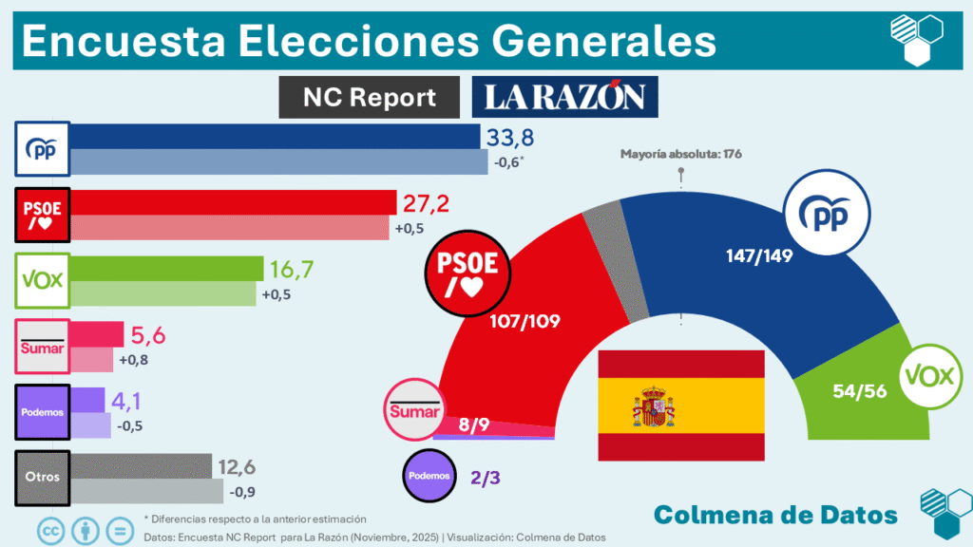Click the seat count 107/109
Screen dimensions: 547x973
click(x=525, y=321)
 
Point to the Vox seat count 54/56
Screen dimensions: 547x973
click(x=854, y=390)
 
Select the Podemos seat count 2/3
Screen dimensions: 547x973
click(x=485, y=478)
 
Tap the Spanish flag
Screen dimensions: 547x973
click(x=680, y=406)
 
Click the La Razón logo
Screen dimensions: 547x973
click(x=564, y=97)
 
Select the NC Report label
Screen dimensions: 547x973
click(x=370, y=97)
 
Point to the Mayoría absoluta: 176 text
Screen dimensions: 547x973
click(x=680, y=153)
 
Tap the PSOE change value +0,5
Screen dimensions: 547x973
click(x=409, y=229)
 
